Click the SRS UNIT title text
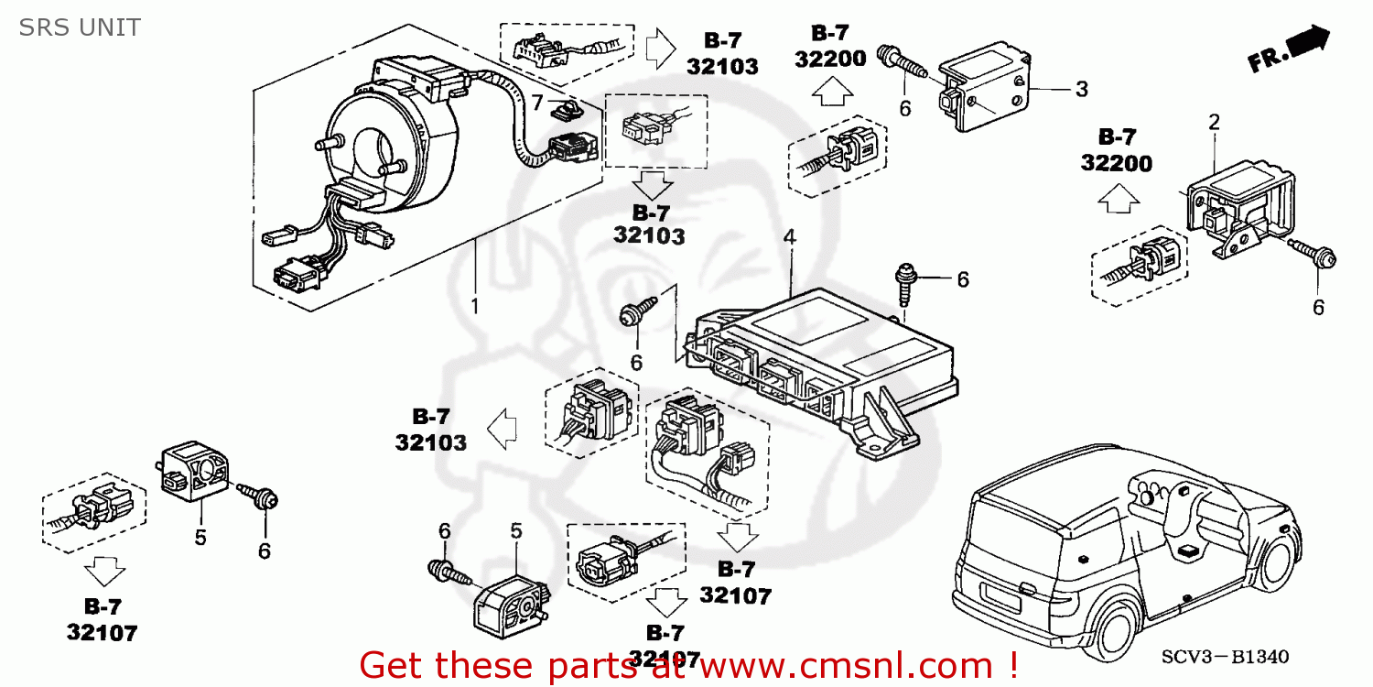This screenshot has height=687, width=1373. coord(80,27)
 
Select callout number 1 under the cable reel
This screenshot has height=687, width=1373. coord(474,305)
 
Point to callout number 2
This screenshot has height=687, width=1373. coord(1214,122)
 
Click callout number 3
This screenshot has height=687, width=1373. coord(1081,90)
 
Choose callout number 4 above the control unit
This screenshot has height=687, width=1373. coord(789,237)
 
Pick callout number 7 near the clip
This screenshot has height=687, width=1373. coord(537,100)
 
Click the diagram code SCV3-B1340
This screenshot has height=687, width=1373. coord(1225,657)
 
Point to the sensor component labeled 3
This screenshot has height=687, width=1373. coord(984,90)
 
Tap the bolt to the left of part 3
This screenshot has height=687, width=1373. coord(903,61)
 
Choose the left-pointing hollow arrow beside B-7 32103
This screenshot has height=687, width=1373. coord(503,428)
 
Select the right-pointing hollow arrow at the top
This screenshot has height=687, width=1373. coord(660,48)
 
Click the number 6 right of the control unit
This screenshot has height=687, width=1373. coord(962,280)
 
